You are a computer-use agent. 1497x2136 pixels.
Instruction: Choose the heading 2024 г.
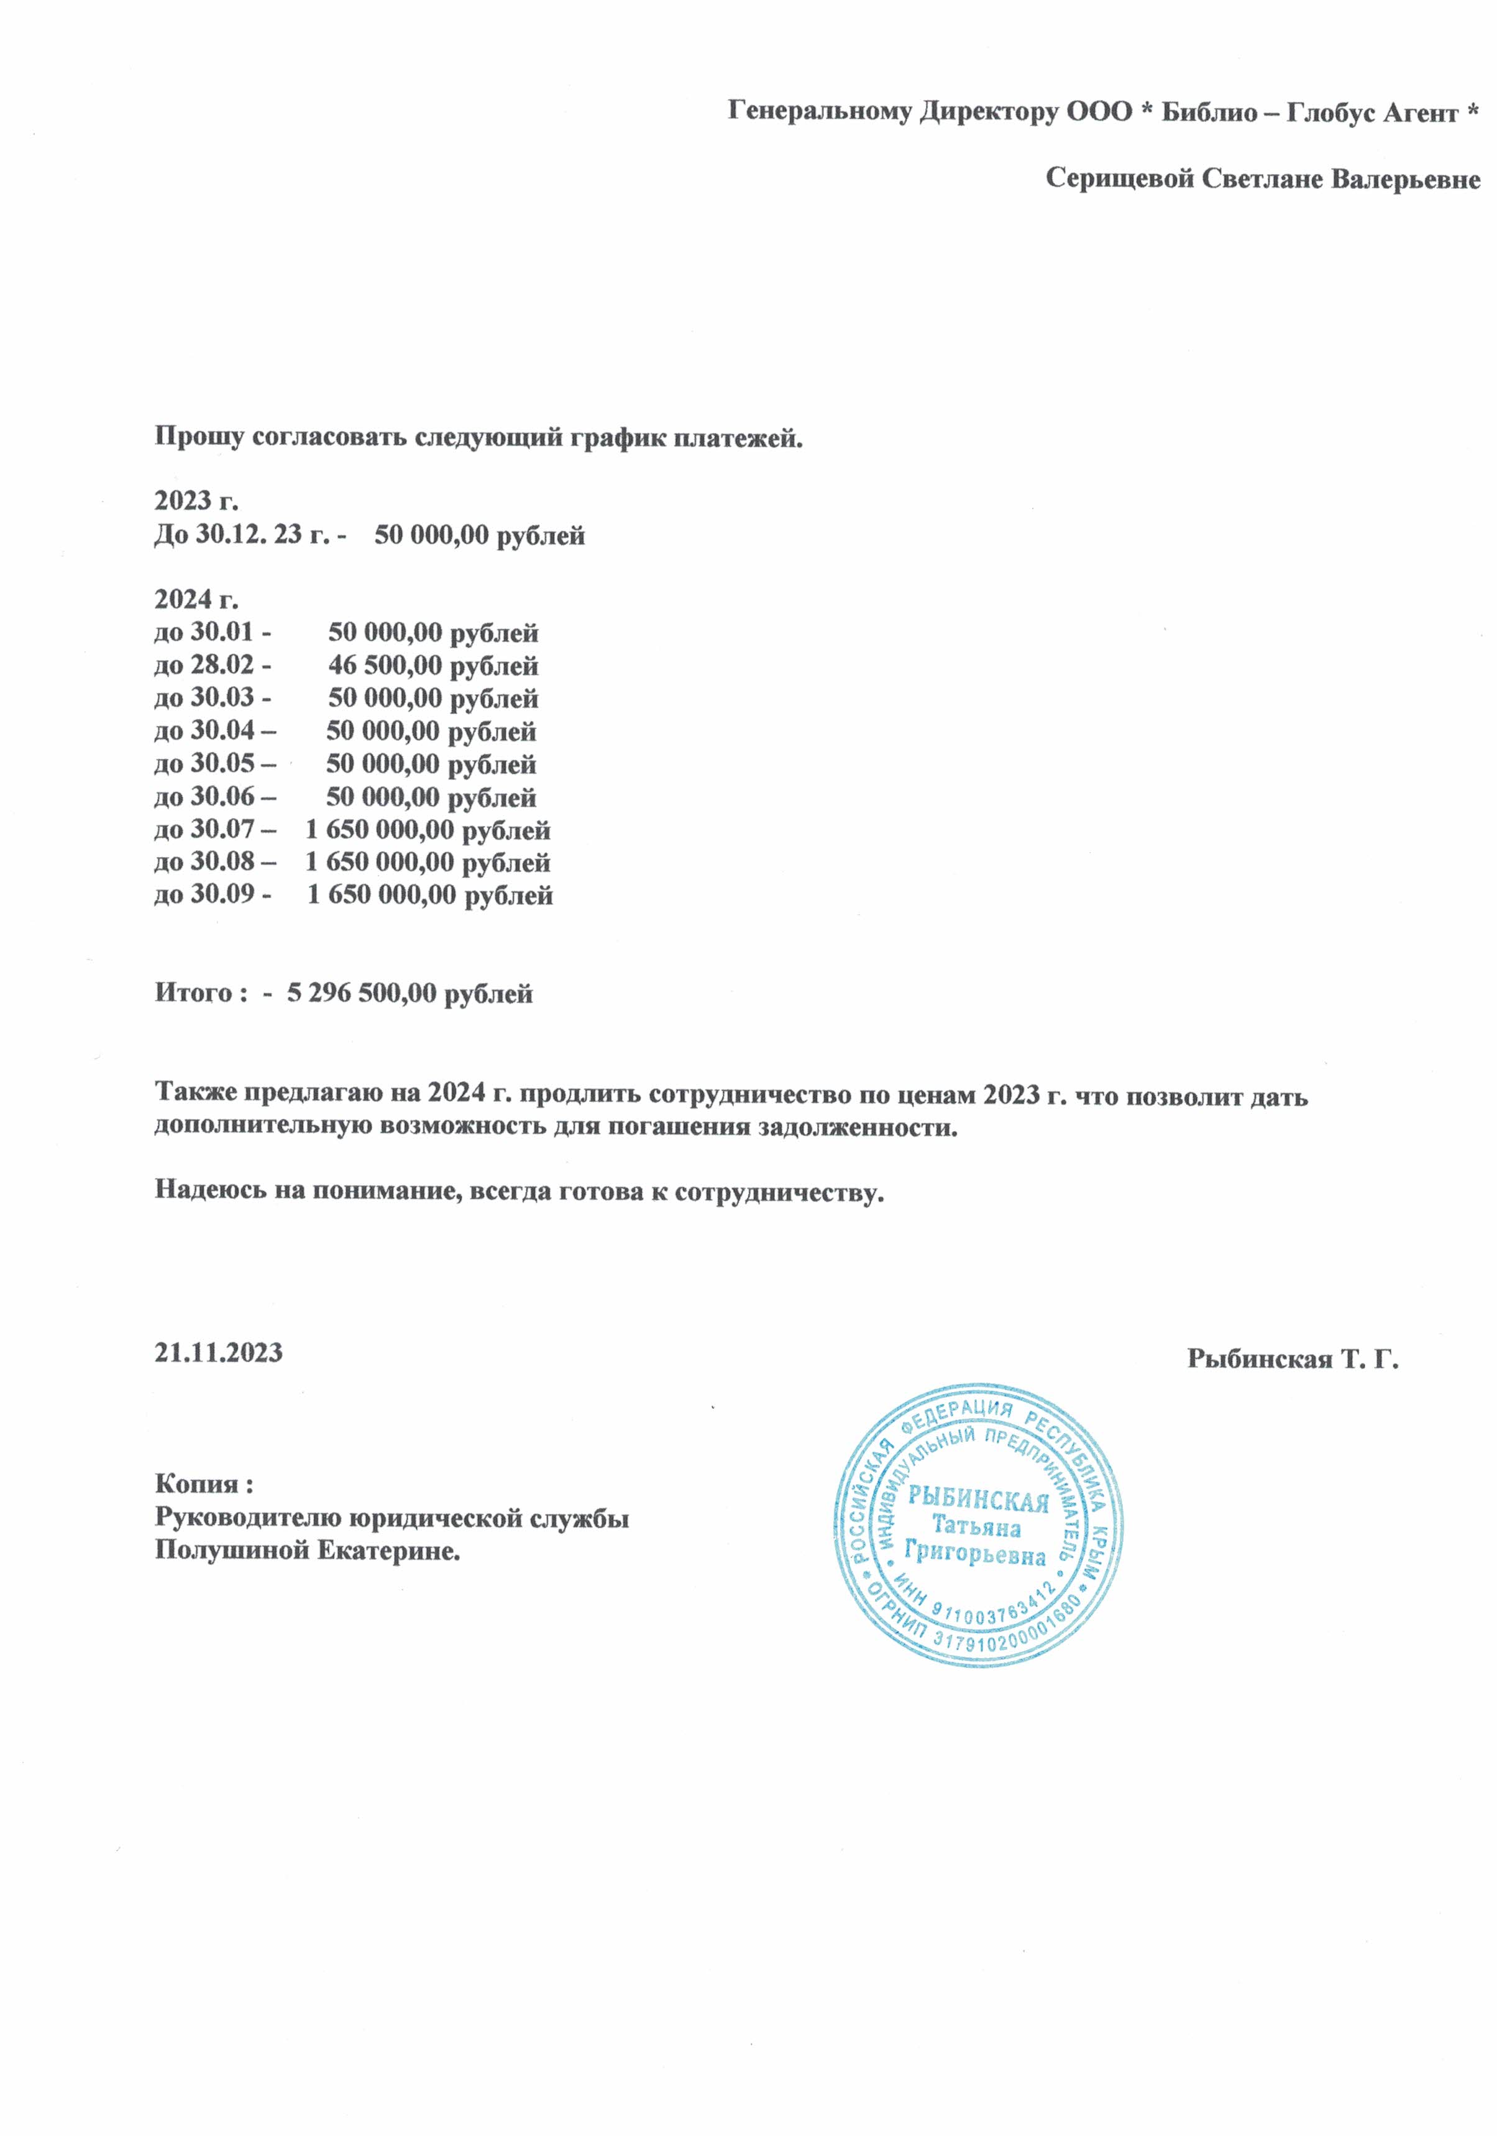click(x=196, y=598)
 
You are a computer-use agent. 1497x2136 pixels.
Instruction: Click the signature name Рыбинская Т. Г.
click(x=1293, y=1359)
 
